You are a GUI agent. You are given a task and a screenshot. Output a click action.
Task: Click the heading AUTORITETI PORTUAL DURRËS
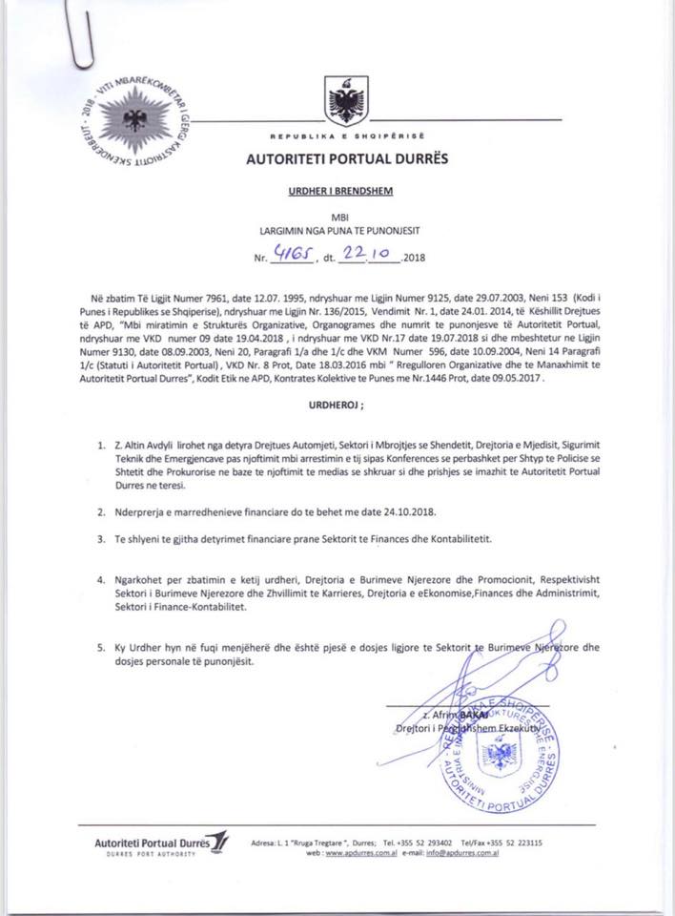click(339, 158)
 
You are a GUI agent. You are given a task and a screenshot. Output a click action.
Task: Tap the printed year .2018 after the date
click(417, 259)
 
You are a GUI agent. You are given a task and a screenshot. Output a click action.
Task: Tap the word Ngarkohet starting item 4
click(139, 579)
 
